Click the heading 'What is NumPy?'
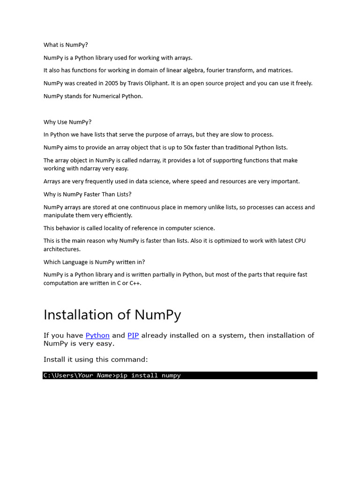click(66, 45)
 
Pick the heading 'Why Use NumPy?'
click(67, 122)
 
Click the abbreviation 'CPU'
click(300, 241)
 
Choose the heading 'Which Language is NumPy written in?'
click(97, 262)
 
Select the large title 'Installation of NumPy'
click(112, 315)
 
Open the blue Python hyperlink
click(97, 335)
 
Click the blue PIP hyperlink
click(133, 335)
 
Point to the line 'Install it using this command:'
click(96, 360)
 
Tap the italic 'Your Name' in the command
click(95, 375)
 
